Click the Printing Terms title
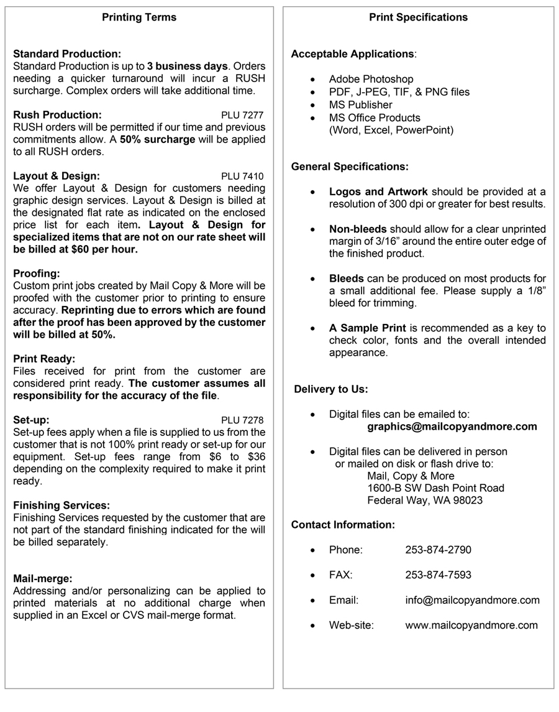click(139, 17)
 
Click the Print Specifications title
click(418, 17)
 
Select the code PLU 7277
click(242, 115)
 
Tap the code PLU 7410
click(242, 176)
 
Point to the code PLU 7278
click(242, 420)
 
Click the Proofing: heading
click(37, 274)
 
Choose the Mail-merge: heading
click(43, 578)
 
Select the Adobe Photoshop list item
click(371, 79)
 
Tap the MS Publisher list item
click(360, 104)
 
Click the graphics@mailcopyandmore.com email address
click(452, 427)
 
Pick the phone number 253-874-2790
click(438, 550)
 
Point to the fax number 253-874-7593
click(438, 575)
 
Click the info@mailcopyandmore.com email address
click(472, 600)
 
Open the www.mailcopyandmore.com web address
click(471, 625)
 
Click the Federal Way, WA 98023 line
click(424, 500)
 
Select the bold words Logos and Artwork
click(378, 192)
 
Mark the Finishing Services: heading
click(61, 506)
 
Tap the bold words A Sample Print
click(367, 328)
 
